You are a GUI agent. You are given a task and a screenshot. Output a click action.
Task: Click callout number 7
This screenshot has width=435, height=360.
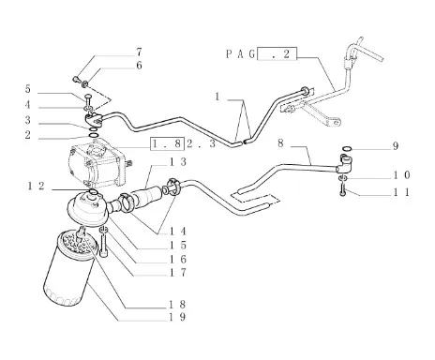click(139, 52)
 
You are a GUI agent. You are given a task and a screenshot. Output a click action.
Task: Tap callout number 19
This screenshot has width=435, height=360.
click(177, 317)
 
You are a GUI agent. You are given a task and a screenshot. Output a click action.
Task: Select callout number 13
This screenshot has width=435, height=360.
click(178, 162)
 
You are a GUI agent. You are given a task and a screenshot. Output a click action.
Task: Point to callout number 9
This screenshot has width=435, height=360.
click(396, 146)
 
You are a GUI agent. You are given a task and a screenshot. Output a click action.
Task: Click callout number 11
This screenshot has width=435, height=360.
click(401, 192)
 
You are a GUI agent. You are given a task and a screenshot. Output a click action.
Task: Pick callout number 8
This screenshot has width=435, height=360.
click(280, 143)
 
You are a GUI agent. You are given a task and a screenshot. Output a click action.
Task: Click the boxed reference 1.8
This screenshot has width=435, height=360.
click(166, 143)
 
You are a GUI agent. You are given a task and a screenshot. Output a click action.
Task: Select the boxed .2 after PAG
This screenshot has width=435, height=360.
click(277, 53)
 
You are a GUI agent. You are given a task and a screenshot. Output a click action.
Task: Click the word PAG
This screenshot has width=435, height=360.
click(240, 54)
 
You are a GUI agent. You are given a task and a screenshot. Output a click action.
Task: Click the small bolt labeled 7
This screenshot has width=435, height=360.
click(76, 79)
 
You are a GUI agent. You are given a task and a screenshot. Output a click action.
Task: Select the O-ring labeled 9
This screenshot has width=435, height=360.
click(347, 148)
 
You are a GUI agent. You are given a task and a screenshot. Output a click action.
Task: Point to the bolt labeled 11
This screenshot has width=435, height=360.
click(343, 190)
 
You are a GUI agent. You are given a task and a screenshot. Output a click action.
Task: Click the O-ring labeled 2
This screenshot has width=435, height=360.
click(94, 135)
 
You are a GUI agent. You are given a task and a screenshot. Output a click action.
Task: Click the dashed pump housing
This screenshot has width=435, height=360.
click(97, 164)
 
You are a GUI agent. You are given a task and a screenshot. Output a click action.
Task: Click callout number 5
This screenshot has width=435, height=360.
click(28, 89)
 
